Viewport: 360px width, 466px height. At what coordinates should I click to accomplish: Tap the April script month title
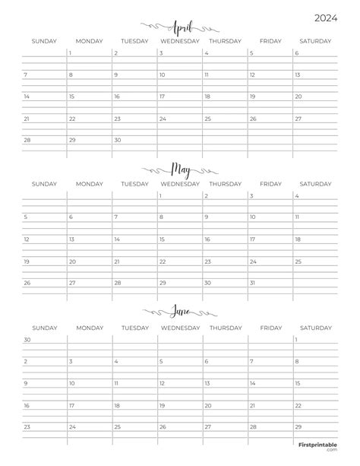click(179, 24)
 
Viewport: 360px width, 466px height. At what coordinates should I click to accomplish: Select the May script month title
click(180, 166)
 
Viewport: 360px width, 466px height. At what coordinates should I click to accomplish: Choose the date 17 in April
click(162, 97)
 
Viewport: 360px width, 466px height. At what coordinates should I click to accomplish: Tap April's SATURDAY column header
click(314, 41)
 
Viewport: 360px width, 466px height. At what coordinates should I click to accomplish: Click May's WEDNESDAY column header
click(180, 183)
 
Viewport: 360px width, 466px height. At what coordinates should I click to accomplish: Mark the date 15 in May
click(162, 239)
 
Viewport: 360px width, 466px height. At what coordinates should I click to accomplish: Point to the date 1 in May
click(161, 195)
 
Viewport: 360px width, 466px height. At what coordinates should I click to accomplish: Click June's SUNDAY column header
click(45, 327)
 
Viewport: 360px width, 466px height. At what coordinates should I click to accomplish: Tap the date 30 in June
click(27, 339)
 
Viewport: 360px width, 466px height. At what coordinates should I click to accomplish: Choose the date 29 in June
click(298, 426)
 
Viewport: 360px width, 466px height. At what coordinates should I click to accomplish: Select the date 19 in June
click(162, 405)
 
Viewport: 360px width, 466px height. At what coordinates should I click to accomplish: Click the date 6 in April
click(296, 54)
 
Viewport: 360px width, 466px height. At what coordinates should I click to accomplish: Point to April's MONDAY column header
click(90, 41)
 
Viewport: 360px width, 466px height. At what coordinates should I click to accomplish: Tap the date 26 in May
click(27, 283)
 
